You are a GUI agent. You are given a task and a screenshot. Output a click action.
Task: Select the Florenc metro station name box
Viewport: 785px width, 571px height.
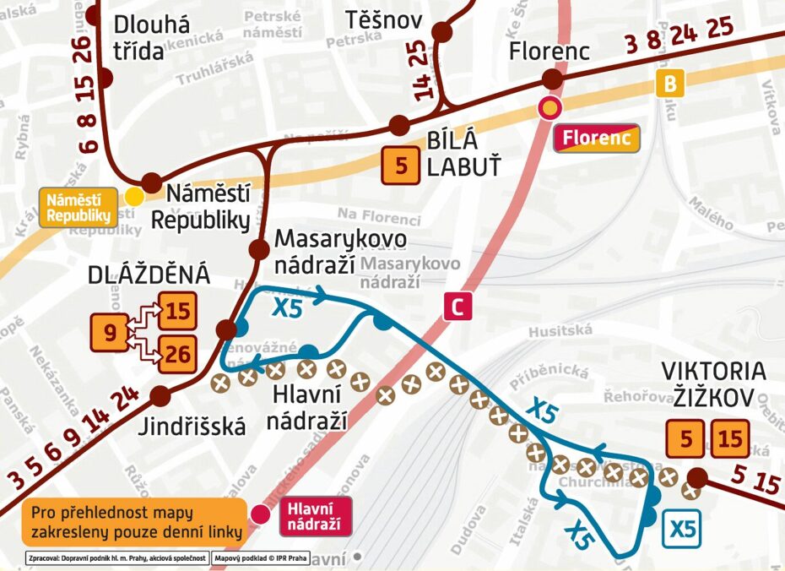pyautogui.click(x=597, y=138)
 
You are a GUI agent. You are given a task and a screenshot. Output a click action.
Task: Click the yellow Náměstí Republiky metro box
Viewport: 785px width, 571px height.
pyautogui.click(x=79, y=208)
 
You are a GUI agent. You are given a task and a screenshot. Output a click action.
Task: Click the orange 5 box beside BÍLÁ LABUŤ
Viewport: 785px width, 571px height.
pyautogui.click(x=401, y=166)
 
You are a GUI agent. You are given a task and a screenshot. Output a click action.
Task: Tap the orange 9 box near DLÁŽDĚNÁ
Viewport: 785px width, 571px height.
pyautogui.click(x=109, y=332)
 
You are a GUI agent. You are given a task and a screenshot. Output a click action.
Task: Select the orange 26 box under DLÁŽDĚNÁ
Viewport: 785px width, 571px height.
pyautogui.click(x=177, y=354)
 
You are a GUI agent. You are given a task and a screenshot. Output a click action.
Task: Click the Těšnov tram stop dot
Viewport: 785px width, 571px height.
pyautogui.click(x=441, y=33)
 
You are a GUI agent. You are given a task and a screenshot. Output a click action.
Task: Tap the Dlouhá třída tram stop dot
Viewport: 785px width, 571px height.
pyautogui.click(x=105, y=78)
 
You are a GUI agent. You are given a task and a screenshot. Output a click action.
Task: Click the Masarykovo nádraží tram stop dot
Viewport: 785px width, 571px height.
pyautogui.click(x=259, y=249)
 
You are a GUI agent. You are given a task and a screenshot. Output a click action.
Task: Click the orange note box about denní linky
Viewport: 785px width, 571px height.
pyautogui.click(x=135, y=523)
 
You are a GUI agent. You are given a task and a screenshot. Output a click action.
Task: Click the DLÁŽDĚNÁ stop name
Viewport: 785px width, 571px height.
pyautogui.click(x=149, y=276)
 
